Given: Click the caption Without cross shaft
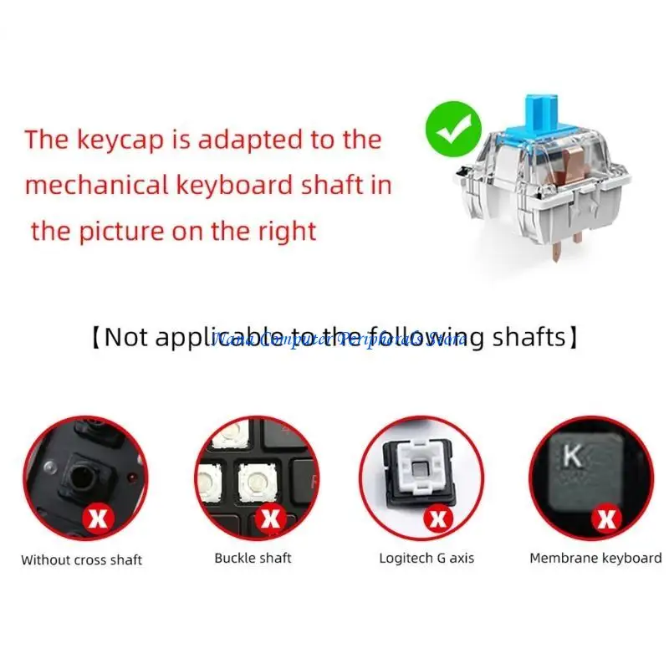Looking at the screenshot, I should pyautogui.click(x=82, y=559).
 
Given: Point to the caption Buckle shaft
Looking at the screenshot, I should pyautogui.click(x=253, y=558).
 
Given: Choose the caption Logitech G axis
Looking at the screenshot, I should pyautogui.click(x=426, y=558).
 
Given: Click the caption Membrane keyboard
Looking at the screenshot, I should pyautogui.click(x=595, y=558).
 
